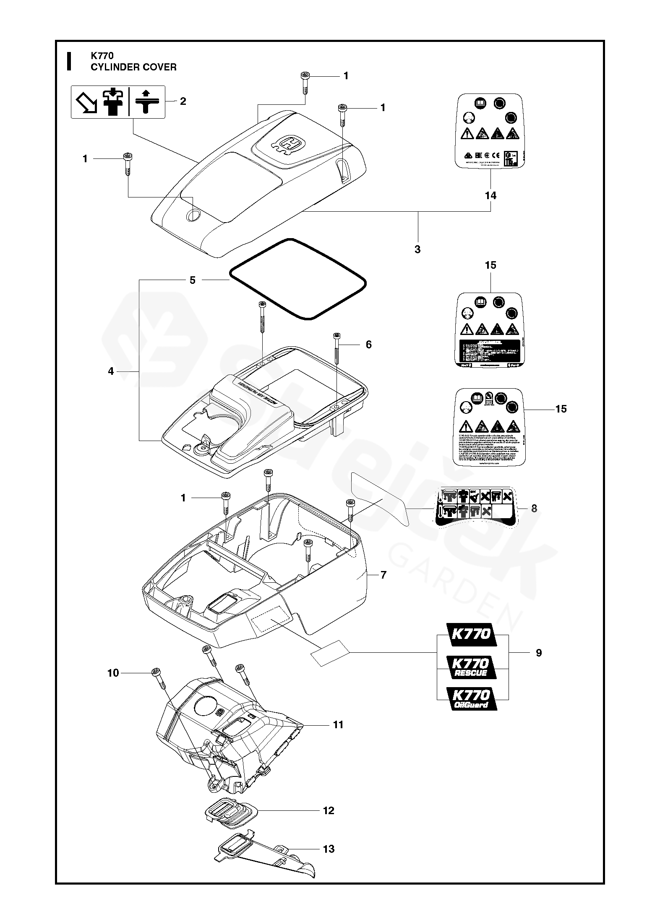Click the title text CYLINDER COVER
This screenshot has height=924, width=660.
pos(133,67)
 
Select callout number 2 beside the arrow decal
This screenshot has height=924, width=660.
pos(183,101)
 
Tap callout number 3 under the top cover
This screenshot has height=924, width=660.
pos(417,249)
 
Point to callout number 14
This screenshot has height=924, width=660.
pos(490,195)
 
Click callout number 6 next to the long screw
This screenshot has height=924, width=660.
pos(368,344)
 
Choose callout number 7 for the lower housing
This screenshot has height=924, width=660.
pos(383,575)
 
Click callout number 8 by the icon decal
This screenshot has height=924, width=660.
pos(534,508)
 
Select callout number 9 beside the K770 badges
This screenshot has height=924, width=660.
pos(539,653)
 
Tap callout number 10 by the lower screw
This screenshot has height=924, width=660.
pos(113,673)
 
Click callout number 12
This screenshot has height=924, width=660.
pos(329,810)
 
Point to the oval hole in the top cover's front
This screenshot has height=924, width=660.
pos(193,215)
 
